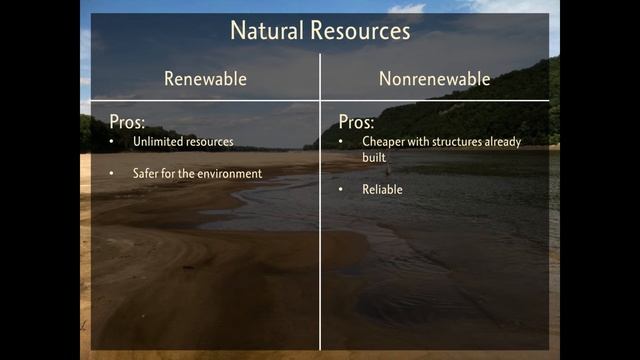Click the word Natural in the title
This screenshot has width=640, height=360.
(x=262, y=31)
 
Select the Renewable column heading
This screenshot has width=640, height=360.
(x=205, y=78)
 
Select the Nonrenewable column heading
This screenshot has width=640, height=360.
(x=434, y=78)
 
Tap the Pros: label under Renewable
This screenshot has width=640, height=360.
(x=126, y=122)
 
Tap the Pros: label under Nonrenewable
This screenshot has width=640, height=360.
(x=357, y=122)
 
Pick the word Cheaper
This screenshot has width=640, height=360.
(x=383, y=142)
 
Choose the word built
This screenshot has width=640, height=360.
(x=374, y=158)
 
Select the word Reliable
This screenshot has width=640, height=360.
(x=383, y=189)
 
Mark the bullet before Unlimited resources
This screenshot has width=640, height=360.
(x=112, y=142)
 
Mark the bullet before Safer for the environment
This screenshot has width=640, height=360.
(x=112, y=174)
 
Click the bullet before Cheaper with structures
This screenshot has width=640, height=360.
(x=341, y=142)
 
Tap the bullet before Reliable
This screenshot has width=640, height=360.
(x=341, y=189)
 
